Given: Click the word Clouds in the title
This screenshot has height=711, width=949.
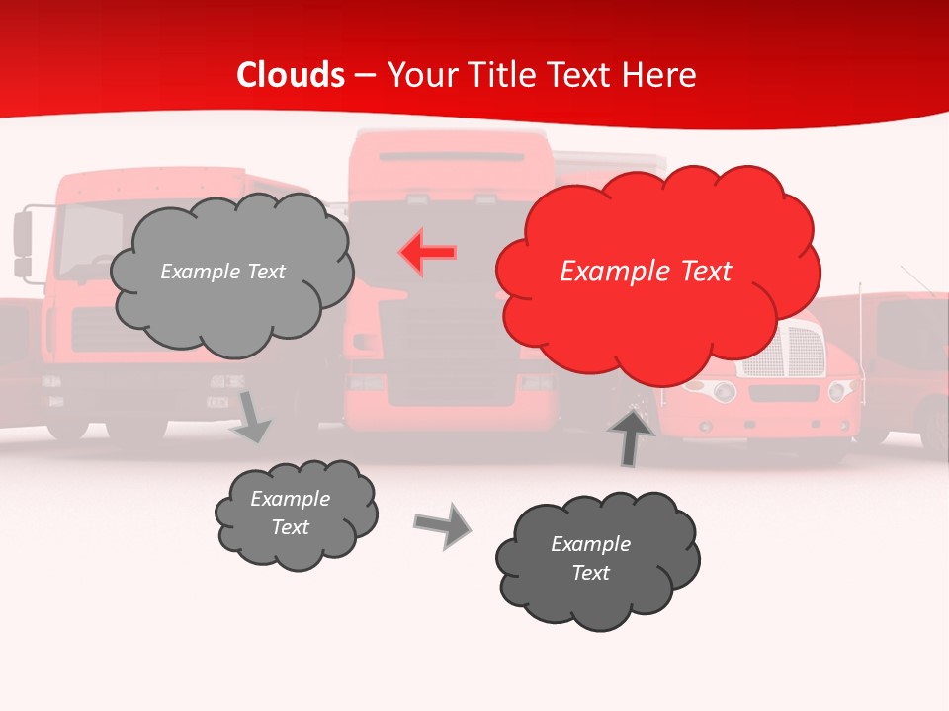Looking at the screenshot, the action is [291, 75].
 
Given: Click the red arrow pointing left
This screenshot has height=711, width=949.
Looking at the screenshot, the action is [427, 253].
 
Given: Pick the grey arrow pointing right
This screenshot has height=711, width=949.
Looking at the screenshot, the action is [442, 524].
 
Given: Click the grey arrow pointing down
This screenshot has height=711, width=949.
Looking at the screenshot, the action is [251, 416].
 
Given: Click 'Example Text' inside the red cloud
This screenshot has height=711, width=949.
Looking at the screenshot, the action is [646, 272].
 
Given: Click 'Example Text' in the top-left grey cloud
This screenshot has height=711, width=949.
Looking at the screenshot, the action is [222, 272].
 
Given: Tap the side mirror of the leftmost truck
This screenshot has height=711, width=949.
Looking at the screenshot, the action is [23, 242].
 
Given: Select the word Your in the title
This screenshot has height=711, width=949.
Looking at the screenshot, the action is [420, 75].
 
